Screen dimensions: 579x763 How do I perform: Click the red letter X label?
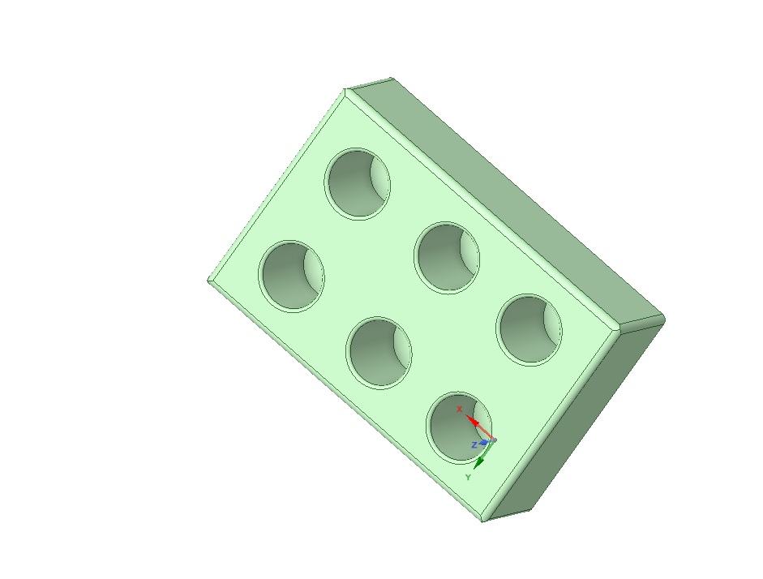[459, 409]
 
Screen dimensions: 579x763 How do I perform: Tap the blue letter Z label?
[474, 445]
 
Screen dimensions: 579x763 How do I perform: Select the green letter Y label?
[468, 478]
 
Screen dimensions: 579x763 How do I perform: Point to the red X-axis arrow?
[476, 425]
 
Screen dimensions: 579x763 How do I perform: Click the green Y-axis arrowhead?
[479, 462]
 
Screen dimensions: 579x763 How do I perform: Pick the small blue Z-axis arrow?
[484, 443]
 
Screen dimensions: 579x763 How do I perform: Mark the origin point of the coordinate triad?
[492, 440]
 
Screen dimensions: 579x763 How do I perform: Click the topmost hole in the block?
[358, 183]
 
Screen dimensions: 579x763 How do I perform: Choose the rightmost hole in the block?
[529, 329]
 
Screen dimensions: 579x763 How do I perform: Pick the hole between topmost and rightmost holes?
[446, 258]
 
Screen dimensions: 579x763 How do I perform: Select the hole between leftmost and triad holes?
[378, 352]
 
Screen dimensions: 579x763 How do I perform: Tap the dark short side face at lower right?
[576, 422]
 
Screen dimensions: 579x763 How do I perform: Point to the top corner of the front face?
[347, 91]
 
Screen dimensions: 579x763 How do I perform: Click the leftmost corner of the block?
[209, 281]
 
